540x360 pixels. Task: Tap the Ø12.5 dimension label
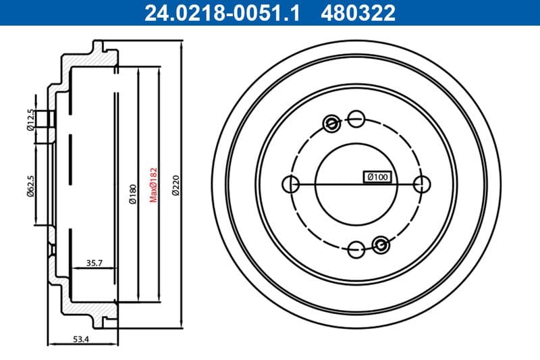tap(30, 118)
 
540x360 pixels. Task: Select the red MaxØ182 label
tap(153, 185)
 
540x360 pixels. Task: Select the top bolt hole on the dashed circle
tap(357, 120)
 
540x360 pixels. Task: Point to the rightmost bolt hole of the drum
tap(422, 184)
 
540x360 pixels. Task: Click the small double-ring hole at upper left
tap(331, 124)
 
